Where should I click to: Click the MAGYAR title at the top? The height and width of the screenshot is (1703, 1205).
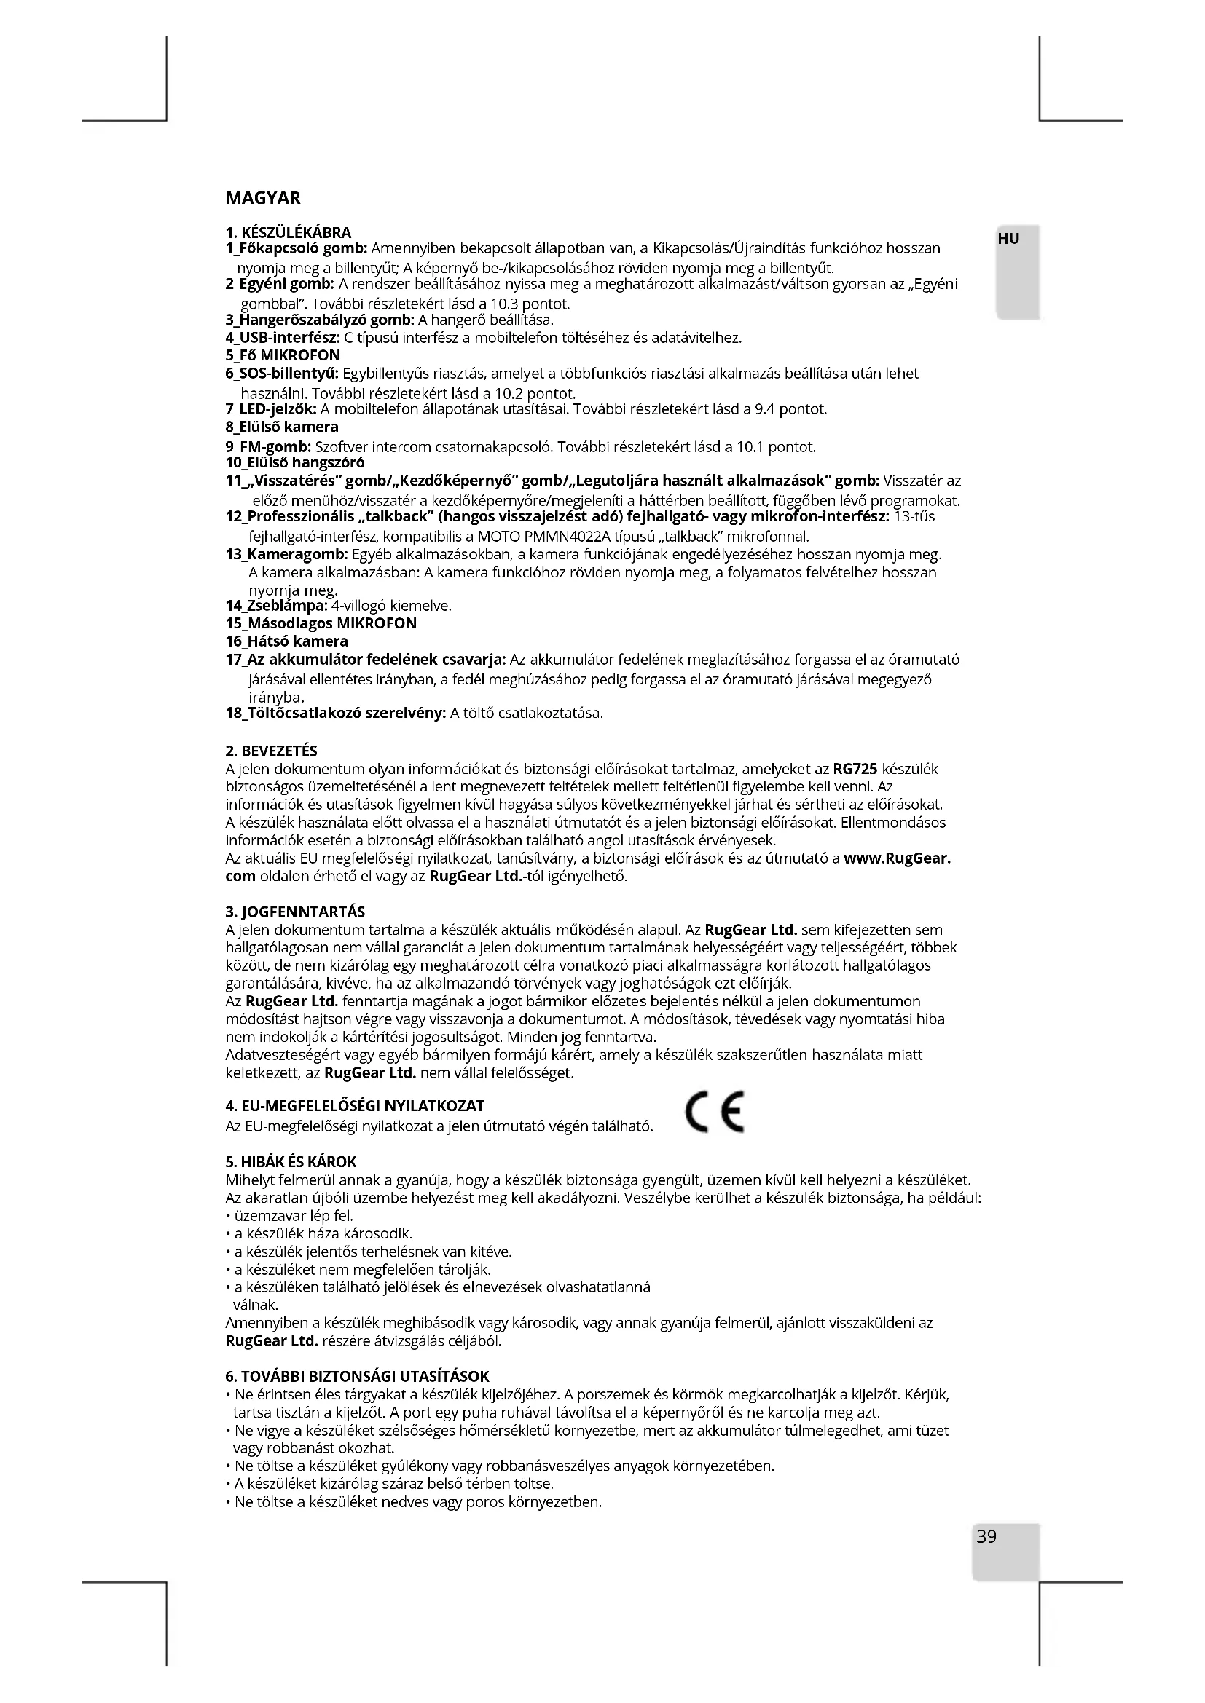click(263, 198)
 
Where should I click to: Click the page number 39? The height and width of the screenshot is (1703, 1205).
click(986, 1536)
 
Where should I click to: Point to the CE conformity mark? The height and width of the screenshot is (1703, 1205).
click(715, 1113)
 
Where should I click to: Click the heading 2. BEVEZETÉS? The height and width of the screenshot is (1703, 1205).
click(271, 751)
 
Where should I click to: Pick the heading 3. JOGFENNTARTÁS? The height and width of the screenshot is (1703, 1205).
click(294, 912)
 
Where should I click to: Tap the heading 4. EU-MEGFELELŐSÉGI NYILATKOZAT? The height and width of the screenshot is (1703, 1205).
click(355, 1106)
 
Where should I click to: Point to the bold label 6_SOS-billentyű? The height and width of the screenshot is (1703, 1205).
click(281, 373)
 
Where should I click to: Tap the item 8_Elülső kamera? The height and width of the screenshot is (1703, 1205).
click(281, 427)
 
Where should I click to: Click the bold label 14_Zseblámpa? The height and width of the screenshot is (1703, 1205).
click(276, 605)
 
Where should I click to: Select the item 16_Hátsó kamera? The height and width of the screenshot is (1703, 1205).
click(286, 641)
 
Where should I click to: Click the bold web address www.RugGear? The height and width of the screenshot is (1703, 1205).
click(898, 858)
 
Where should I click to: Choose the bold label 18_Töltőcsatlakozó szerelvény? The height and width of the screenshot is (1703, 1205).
click(335, 713)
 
